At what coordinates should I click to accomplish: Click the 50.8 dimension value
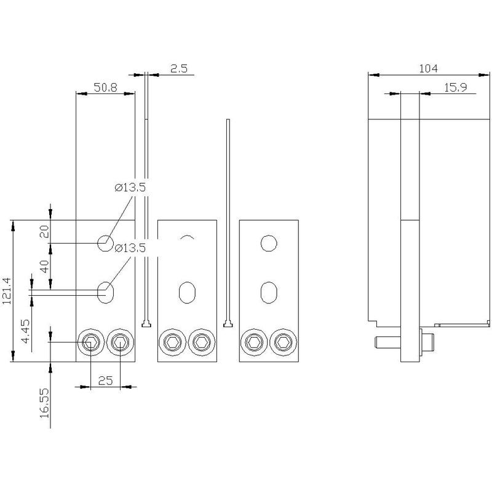pyautogui.click(x=105, y=88)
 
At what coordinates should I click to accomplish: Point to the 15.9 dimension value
pyautogui.click(x=455, y=88)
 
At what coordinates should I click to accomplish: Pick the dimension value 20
pyautogui.click(x=44, y=231)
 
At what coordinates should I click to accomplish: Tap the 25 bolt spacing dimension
pyautogui.click(x=105, y=381)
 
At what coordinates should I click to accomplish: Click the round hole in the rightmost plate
pyautogui.click(x=268, y=244)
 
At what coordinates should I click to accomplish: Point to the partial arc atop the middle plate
pyautogui.click(x=187, y=237)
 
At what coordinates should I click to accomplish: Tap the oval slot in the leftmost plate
pyautogui.click(x=106, y=290)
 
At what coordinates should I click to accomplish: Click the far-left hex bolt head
pyautogui.click(x=90, y=342)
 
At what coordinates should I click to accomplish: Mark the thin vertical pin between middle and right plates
pyautogui.click(x=228, y=221)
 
